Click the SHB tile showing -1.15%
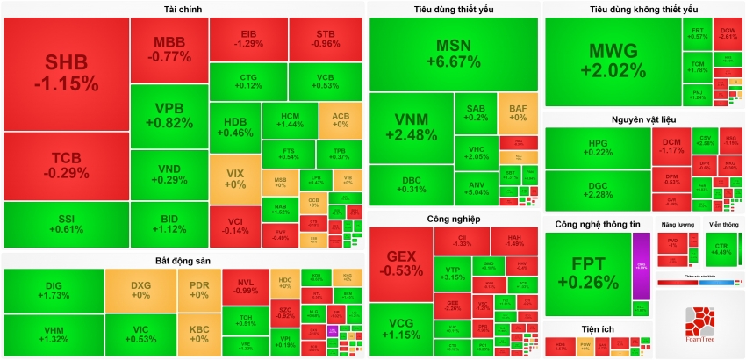click(66, 73)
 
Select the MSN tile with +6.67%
click(453, 54)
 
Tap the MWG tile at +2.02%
click(613, 60)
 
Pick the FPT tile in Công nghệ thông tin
click(587, 272)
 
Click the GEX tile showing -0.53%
click(401, 263)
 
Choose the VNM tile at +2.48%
click(410, 127)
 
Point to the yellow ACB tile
click(341, 119)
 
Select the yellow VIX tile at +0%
click(235, 179)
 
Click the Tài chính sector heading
click(183, 9)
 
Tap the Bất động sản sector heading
click(183, 261)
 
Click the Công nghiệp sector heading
click(453, 219)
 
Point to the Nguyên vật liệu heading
click(644, 119)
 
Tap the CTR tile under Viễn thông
click(722, 248)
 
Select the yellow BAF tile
click(518, 113)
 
